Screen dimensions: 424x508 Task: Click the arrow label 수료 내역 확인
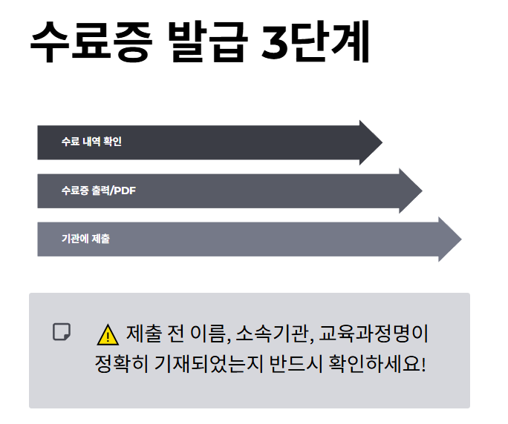(x=91, y=142)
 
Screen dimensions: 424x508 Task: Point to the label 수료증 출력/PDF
(x=99, y=191)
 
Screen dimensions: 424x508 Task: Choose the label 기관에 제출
(x=86, y=239)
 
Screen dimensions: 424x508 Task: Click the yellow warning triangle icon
(x=108, y=336)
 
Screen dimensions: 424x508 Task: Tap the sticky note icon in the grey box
(x=62, y=331)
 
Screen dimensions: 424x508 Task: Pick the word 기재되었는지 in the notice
(x=201, y=365)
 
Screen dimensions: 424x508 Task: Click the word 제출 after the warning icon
(x=143, y=334)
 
